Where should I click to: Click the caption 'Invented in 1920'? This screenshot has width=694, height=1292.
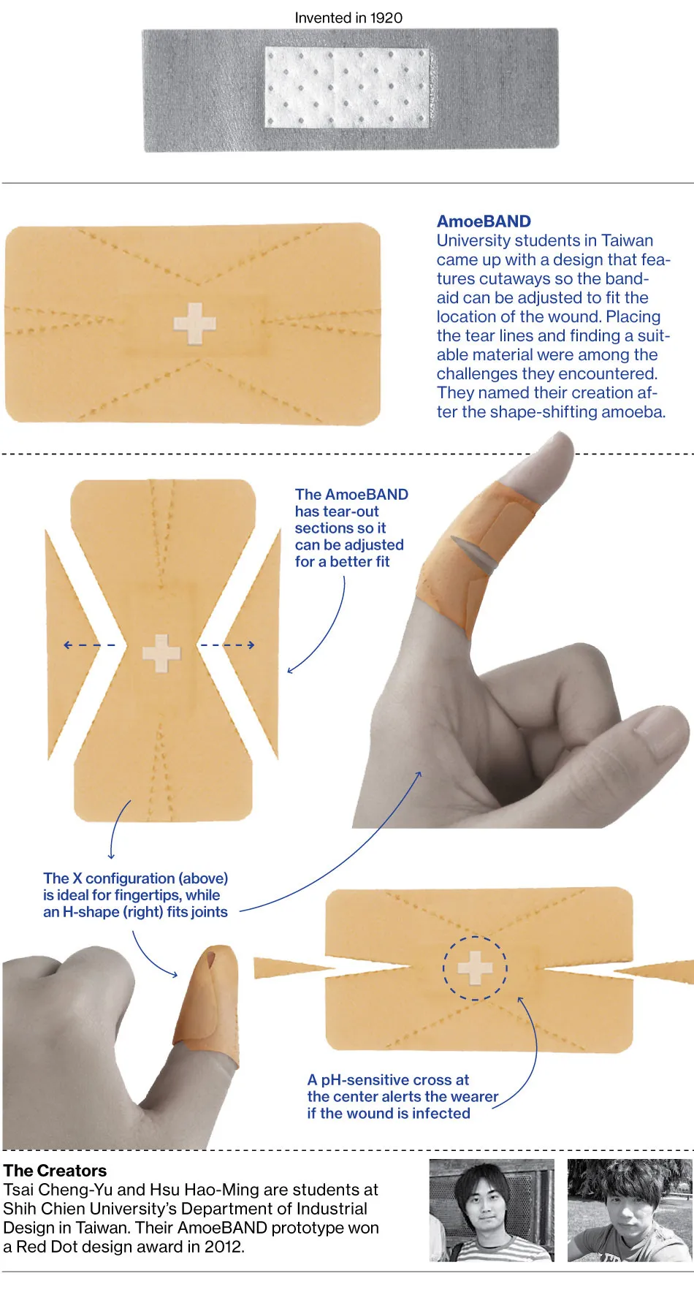(348, 18)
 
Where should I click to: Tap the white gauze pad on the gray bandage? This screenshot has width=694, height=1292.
(346, 88)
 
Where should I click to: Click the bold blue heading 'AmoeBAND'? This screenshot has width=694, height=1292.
(484, 221)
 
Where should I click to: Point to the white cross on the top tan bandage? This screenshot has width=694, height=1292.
(194, 323)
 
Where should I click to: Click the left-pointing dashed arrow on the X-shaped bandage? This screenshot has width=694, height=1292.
(88, 645)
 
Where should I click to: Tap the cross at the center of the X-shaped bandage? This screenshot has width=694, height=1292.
(161, 653)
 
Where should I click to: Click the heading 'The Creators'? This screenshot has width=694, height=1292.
(55, 1171)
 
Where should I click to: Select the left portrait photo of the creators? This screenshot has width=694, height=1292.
(491, 1210)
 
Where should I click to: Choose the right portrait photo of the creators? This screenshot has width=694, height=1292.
(630, 1210)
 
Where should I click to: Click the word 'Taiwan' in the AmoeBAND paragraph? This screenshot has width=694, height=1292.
(627, 240)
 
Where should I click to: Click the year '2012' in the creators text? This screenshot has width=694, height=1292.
(222, 1247)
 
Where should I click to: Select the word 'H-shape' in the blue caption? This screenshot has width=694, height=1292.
(91, 912)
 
